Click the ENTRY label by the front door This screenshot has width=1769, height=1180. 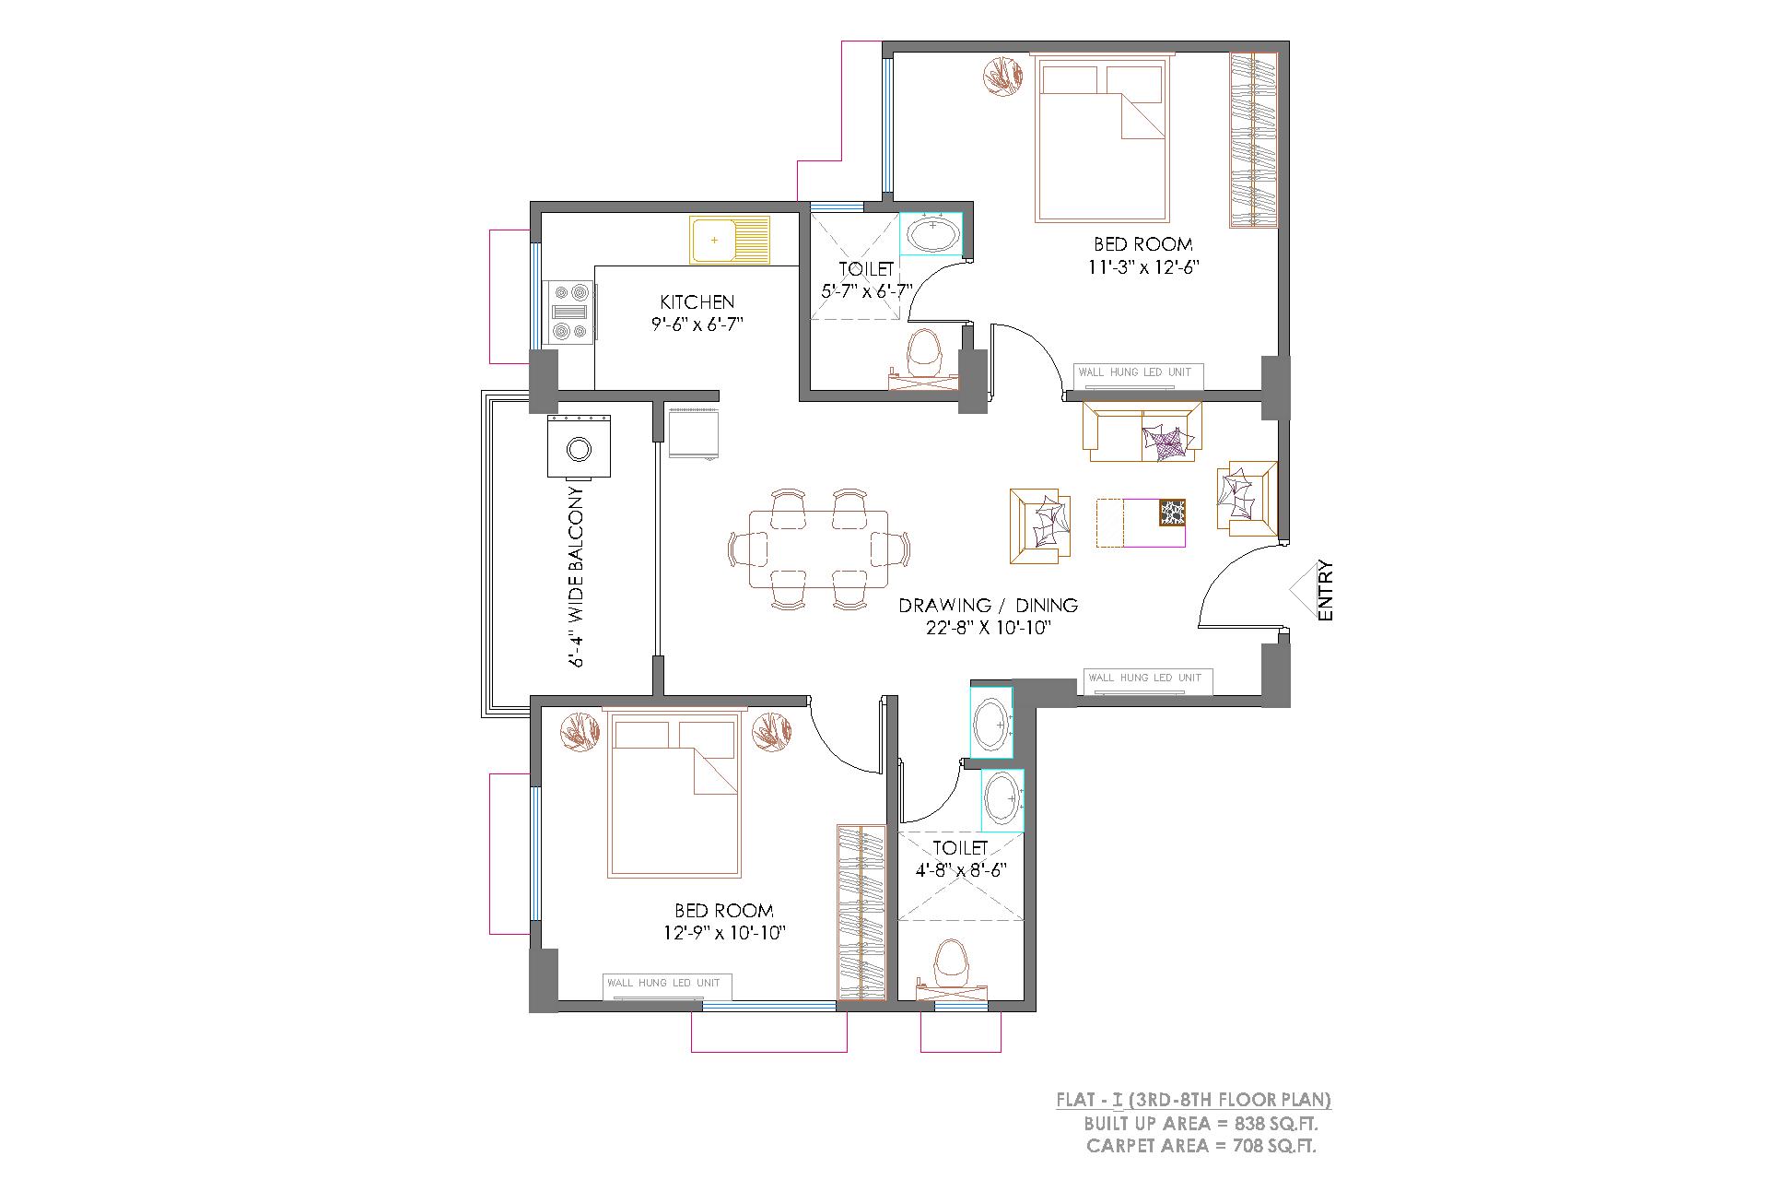pos(1326,590)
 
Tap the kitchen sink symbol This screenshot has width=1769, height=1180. pos(729,241)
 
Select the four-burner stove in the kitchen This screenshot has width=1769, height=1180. pos(569,312)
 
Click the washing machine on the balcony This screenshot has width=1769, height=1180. pos(580,447)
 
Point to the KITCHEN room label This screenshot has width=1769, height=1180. pos(697,302)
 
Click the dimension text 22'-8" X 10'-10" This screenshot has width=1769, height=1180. pos(989,628)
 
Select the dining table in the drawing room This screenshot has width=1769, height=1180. pos(819,549)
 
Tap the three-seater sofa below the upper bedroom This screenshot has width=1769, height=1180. pos(1142,431)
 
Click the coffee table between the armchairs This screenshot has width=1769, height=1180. pos(1141,524)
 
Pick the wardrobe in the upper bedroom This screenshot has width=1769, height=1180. pos(1254,139)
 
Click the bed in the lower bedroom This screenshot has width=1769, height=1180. pos(674,797)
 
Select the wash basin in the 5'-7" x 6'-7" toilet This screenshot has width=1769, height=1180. pos(931,233)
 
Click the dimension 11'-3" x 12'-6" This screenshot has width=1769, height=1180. pos(1142,267)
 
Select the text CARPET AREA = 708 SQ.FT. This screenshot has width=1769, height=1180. pos(1201,1147)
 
